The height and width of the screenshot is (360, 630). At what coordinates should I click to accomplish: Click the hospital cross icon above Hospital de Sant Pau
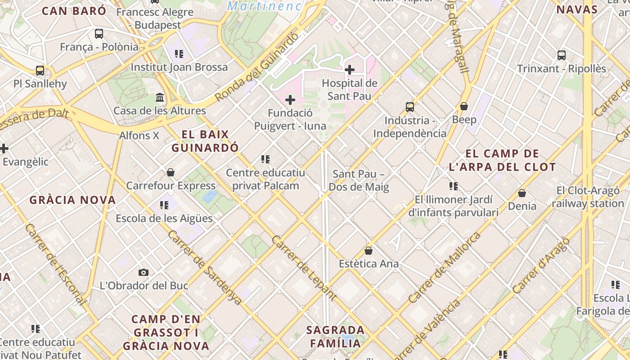(349, 70)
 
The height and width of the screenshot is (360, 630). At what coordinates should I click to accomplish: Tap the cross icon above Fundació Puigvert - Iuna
(290, 99)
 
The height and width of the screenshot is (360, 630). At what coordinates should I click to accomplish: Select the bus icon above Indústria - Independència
(409, 107)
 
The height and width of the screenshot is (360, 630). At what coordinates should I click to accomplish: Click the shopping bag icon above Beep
(464, 106)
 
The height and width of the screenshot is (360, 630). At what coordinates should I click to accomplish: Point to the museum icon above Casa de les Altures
(159, 97)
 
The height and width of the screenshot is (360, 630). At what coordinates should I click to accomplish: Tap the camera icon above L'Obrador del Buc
(144, 272)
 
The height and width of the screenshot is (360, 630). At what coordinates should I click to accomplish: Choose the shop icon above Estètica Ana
(369, 251)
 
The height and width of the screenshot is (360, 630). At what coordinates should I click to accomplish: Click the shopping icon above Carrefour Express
(171, 172)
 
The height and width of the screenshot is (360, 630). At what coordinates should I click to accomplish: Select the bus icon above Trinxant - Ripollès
(561, 55)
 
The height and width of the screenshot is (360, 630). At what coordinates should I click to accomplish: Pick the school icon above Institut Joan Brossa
(179, 54)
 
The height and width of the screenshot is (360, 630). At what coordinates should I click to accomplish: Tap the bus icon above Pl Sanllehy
(40, 71)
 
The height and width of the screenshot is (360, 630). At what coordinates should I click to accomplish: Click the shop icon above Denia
(522, 193)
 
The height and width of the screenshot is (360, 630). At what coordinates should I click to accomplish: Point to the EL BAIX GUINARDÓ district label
(205, 141)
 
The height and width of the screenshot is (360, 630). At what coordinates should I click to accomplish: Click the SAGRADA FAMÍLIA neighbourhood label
(335, 337)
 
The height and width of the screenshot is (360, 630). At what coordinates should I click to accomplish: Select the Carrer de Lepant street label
(304, 267)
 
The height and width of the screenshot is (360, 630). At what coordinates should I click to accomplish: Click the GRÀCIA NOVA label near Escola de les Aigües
(73, 200)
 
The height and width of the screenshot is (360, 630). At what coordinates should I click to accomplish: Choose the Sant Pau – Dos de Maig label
(359, 180)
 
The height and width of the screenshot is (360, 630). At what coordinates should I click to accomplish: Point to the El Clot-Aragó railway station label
(588, 197)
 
